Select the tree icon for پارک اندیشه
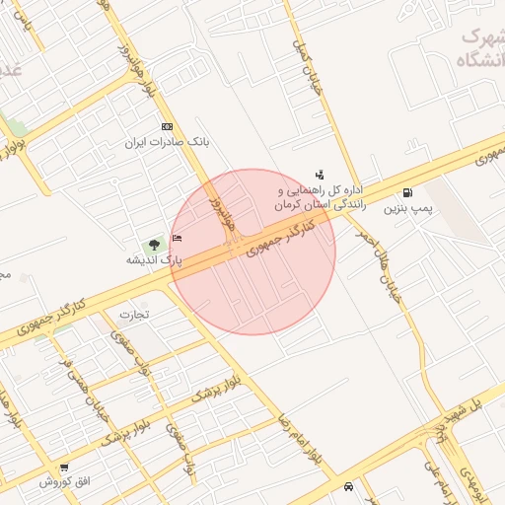pos(153,243)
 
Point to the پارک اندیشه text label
pos(153,260)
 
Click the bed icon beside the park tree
pos(177,239)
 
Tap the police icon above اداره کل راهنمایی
pos(319,174)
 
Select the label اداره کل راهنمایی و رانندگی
pos(321,196)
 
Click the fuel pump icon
pos(407,192)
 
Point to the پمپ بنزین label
pos(407,209)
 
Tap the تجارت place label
pos(133,315)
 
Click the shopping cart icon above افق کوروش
pos(64,468)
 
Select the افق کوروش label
pos(64,482)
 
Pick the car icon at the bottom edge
pos(348,486)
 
